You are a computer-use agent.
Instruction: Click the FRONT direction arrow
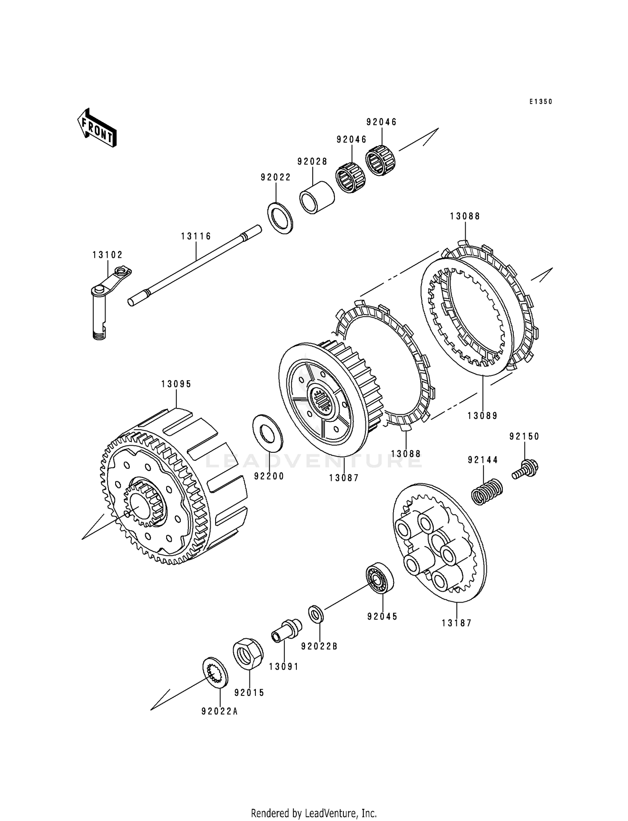point(96,128)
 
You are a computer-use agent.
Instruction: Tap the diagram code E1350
point(540,102)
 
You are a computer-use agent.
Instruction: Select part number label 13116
point(196,236)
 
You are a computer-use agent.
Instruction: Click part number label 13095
point(176,384)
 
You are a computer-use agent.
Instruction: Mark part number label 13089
point(483,416)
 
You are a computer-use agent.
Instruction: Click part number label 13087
point(344,478)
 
